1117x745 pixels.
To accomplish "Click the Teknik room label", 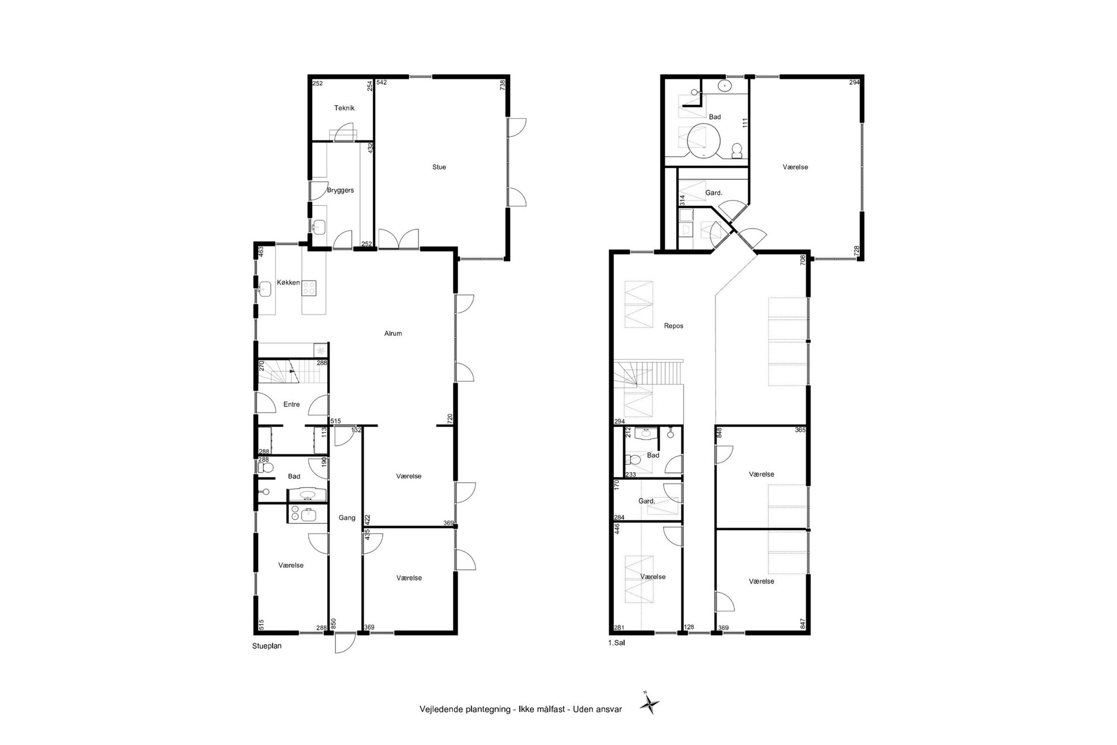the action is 344,108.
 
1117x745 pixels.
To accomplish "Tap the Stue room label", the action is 439,167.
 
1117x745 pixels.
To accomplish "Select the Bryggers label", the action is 340,191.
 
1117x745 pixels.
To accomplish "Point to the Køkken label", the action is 288,283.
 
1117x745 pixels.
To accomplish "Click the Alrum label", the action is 393,334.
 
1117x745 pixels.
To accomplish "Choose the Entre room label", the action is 292,405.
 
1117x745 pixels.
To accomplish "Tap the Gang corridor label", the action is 347,518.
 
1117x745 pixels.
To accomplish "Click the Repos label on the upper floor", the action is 674,326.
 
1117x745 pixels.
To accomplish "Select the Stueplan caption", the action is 267,646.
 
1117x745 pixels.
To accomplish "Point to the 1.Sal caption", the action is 617,643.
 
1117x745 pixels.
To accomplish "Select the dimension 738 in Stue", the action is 502,85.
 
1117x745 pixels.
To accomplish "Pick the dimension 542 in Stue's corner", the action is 381,83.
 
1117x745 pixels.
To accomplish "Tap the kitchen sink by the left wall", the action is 265,288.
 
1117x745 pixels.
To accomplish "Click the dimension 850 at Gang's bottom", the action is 333,623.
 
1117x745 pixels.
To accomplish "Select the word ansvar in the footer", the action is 609,709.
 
